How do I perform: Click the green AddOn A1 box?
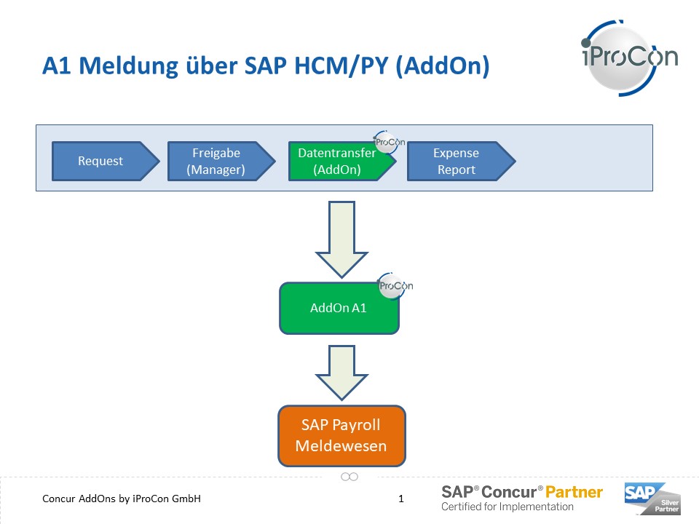tap(339, 308)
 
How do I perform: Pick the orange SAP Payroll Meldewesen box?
tap(341, 435)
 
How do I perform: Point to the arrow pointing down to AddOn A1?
tap(341, 239)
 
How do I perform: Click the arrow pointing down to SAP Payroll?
tap(341, 373)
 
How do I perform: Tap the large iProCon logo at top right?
tap(629, 58)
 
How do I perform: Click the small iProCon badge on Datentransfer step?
tap(389, 142)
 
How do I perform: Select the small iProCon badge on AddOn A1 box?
tap(395, 285)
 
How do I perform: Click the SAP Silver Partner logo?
tap(652, 498)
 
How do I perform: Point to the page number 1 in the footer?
tap(401, 499)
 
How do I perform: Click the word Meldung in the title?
tap(128, 65)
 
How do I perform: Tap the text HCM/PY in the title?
tap(341, 65)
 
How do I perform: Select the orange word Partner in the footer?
tap(574, 492)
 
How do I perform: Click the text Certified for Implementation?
tap(508, 507)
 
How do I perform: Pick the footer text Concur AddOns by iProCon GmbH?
tap(122, 499)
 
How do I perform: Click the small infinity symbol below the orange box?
tap(349, 477)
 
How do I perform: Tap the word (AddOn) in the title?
tap(443, 66)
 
